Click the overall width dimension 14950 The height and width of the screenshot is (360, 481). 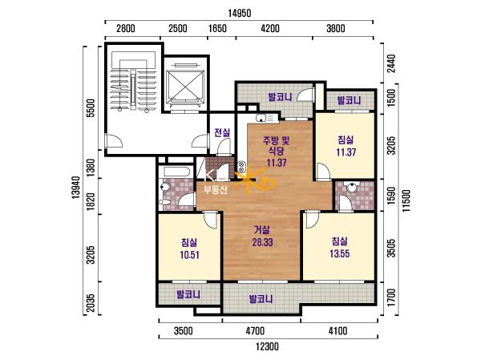pos(240,14)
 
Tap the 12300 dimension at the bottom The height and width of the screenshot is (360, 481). pos(268,346)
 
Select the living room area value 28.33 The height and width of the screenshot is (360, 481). pos(263,242)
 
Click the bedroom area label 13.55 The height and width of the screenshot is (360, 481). pos(340,254)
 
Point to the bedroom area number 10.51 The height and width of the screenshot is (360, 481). pos(189,255)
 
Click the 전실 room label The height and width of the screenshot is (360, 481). pos(222,132)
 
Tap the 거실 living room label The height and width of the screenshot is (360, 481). pos(262,229)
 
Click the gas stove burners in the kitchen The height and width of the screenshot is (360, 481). pos(241,167)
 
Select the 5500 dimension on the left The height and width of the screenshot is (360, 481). pos(91,108)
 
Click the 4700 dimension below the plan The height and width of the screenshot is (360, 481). pos(255,331)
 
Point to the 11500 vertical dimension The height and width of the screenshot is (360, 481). pos(406,200)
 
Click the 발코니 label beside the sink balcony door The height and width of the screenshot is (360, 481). pos(280,97)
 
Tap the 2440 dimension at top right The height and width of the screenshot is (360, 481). pos(391,63)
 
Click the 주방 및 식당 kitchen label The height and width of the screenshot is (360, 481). pos(276,145)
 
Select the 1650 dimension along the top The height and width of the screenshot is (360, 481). pos(217,29)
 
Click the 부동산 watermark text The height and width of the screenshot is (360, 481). pos(216,190)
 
